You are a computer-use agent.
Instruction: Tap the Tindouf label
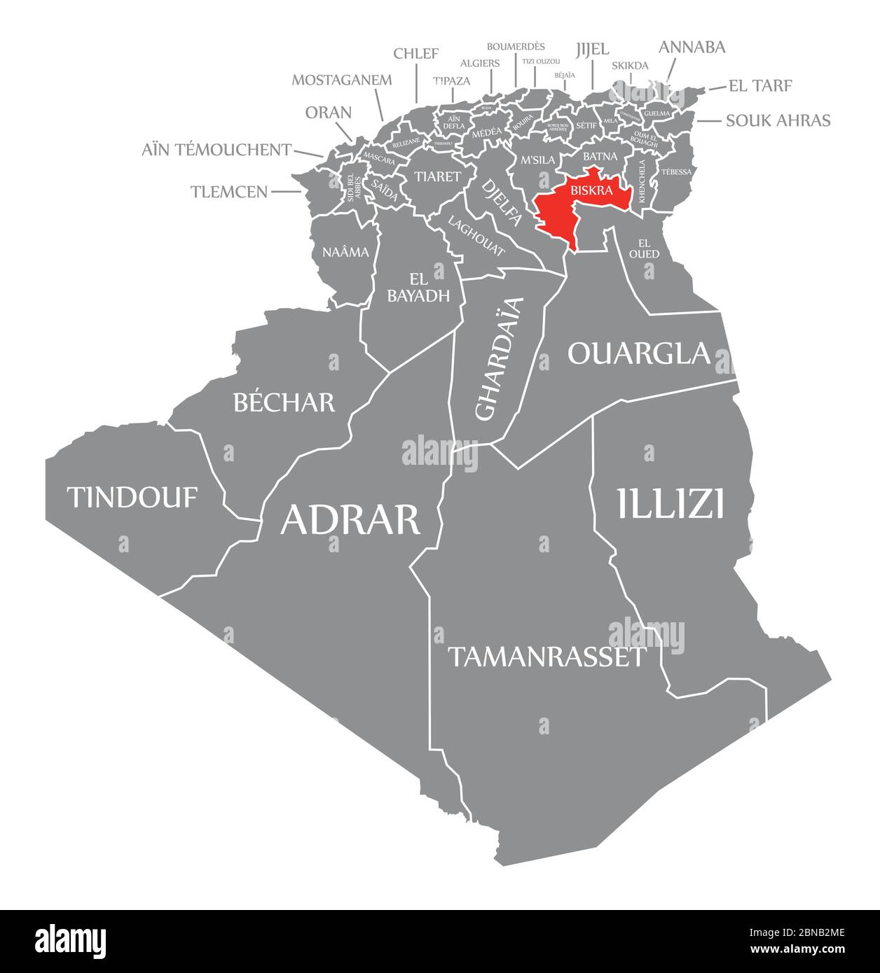coord(132,497)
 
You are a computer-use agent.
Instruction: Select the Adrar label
coord(350,519)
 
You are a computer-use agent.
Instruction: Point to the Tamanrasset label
coord(546,657)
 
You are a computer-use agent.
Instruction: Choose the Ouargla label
coord(639,353)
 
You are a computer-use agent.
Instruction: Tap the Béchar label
coord(284,402)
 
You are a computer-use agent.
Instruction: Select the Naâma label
coord(345,252)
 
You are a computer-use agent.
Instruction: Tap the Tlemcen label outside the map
coord(229,191)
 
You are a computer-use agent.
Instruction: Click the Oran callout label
coord(329,113)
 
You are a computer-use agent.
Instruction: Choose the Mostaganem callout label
coord(342,79)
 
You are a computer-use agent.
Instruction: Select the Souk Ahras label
coord(778,120)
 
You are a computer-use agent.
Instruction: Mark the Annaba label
coord(692,47)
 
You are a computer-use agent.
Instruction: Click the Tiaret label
coord(437,176)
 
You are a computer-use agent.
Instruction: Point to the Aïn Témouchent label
coord(216,149)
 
